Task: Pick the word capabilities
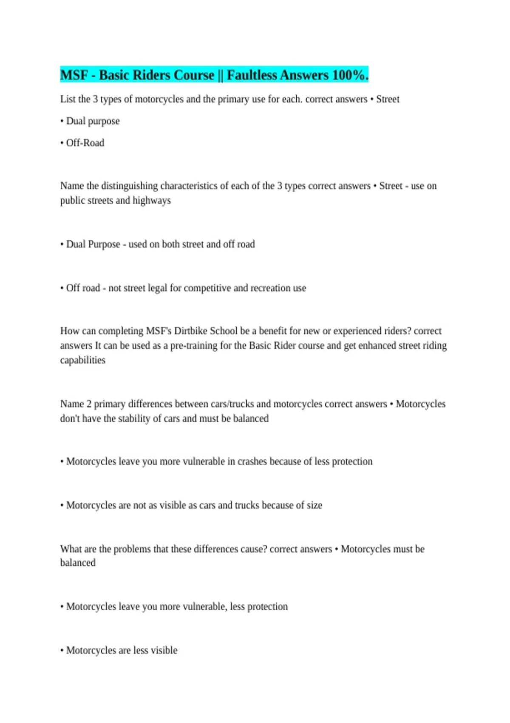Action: coord(83,360)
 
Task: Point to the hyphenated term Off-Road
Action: coord(85,143)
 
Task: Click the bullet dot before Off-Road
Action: coord(62,143)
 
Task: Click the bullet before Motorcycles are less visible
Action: coord(62,650)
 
